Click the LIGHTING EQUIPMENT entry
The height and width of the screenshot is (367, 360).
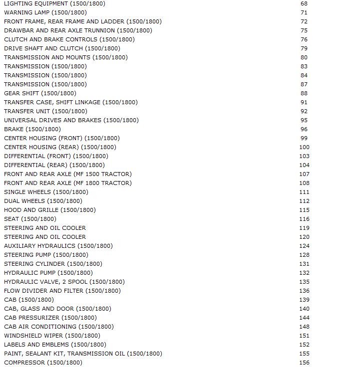[54, 3]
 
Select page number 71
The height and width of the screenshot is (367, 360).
[304, 12]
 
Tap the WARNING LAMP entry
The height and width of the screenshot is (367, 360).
[45, 12]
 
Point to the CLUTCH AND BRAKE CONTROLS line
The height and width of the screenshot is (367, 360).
[69, 39]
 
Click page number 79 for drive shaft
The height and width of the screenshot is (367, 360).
[304, 48]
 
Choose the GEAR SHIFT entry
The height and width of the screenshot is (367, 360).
[40, 93]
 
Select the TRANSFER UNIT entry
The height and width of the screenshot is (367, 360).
[45, 111]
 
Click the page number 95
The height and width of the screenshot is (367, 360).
[304, 120]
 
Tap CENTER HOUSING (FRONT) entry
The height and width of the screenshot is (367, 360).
[61, 138]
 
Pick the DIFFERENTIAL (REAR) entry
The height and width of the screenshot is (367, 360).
[54, 165]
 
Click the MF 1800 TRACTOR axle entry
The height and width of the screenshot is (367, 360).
[67, 183]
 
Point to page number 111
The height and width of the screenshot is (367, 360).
[304, 192]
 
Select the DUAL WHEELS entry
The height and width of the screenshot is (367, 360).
[43, 201]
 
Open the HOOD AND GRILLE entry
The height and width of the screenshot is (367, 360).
[49, 210]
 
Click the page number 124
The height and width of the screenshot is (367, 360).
[304, 246]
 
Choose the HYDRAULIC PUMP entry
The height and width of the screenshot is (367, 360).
[48, 273]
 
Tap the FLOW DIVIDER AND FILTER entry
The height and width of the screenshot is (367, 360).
[62, 291]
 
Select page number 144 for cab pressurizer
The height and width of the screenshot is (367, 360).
[304, 318]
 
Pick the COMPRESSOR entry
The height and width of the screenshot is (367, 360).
[43, 363]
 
